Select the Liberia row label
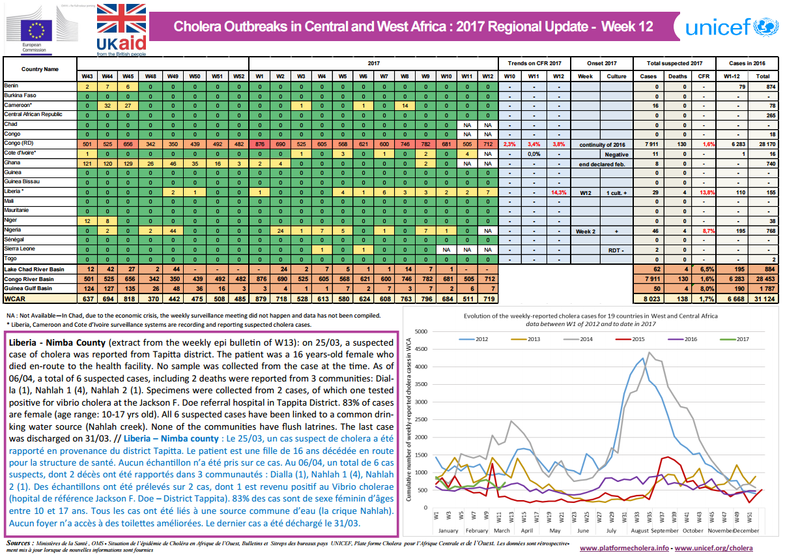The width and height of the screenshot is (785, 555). (x=14, y=192)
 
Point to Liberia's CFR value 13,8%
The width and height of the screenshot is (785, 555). (x=704, y=194)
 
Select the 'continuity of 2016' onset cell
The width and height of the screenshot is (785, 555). (x=601, y=144)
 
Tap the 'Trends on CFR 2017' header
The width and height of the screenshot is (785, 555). (x=534, y=63)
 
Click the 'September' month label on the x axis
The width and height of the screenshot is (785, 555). (x=663, y=531)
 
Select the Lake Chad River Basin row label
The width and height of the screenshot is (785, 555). (x=34, y=269)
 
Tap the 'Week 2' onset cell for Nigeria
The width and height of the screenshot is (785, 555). (x=586, y=232)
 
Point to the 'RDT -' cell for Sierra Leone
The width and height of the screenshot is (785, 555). (x=616, y=250)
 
